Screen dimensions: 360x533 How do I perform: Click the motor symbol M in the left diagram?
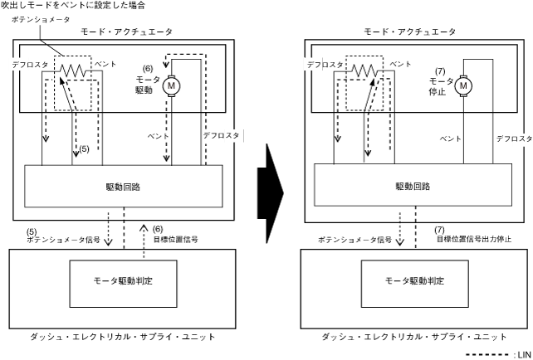pyautogui.click(x=173, y=85)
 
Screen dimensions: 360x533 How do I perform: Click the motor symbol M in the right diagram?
pyautogui.click(x=463, y=85)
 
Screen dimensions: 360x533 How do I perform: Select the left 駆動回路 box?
pyautogui.click(x=125, y=187)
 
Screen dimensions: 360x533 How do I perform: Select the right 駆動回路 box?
pyautogui.click(x=415, y=187)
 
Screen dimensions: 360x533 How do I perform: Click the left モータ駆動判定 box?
pyautogui.click(x=124, y=280)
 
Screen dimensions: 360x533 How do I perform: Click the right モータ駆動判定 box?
pyautogui.click(x=414, y=280)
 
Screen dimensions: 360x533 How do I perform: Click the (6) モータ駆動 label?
pyautogui.click(x=149, y=79)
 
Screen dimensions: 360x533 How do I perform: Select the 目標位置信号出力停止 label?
pyautogui.click(x=474, y=240)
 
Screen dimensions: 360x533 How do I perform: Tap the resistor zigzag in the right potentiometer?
pyautogui.click(x=364, y=71)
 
